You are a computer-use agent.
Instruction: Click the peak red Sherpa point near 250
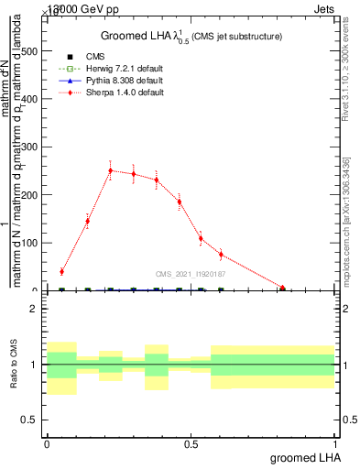click(111, 170)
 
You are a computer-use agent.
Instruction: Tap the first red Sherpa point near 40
click(61, 271)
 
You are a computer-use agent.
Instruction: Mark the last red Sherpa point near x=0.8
click(283, 289)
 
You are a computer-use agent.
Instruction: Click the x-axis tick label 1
click(335, 443)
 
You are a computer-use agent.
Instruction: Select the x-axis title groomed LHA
click(304, 458)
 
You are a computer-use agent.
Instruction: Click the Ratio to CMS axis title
click(13, 365)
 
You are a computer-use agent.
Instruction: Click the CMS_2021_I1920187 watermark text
click(191, 273)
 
